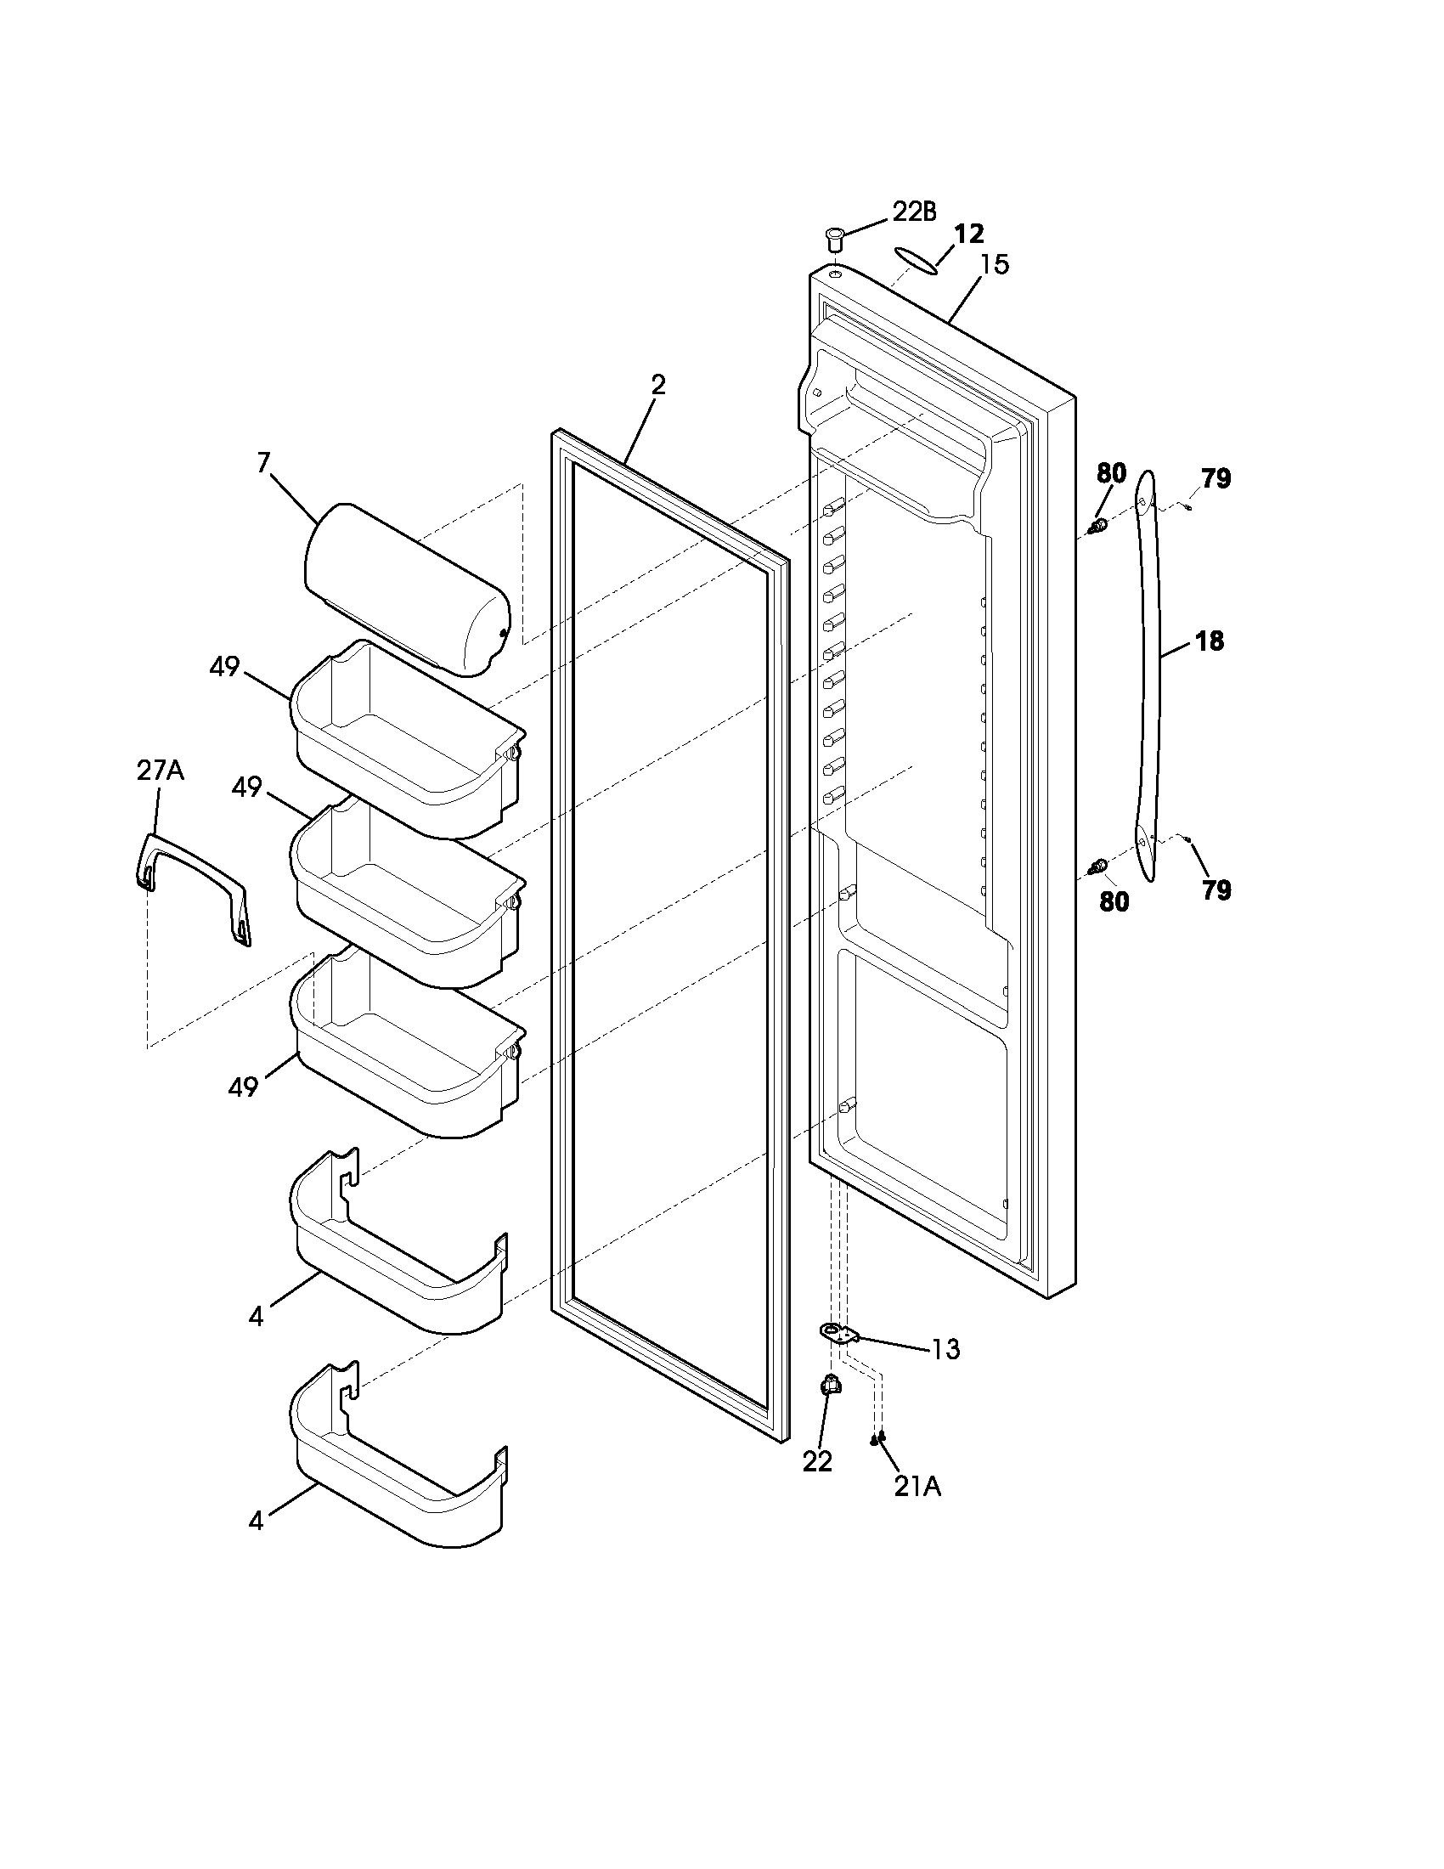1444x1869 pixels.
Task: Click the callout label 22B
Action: pos(914,212)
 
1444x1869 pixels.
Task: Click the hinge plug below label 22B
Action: pos(833,235)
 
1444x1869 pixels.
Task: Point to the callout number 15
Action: pos(994,264)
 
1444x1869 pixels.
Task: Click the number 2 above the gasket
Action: pos(657,384)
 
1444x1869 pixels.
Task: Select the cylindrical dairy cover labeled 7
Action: pos(407,590)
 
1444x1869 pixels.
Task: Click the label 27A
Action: pos(160,771)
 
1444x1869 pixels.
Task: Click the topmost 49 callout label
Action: pos(224,667)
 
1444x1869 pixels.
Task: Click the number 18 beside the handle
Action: pos(1209,640)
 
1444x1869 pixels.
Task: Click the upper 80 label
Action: pos(1111,473)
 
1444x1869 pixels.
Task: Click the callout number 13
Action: pos(945,1350)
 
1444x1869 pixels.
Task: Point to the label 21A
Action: pos(917,1487)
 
